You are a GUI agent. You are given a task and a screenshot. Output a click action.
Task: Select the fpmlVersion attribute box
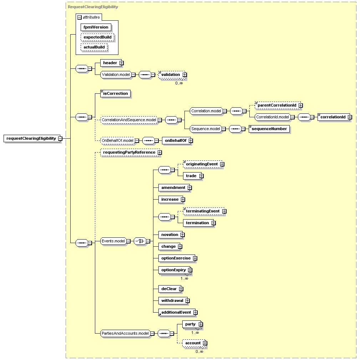pos(96,27)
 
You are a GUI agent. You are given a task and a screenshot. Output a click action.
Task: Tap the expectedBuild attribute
pos(97,37)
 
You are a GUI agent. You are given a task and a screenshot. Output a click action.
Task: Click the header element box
pos(111,63)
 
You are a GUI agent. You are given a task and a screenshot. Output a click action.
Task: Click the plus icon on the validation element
pos(185,75)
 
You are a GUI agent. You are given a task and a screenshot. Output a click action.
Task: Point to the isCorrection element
pos(115,94)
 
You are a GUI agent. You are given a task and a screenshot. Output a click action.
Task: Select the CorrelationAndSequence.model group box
pos(129,120)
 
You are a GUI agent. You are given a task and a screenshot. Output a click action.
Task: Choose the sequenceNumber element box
pos(269,129)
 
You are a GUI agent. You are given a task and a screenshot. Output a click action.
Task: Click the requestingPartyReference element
pos(130,153)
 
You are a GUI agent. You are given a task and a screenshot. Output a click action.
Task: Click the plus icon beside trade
pos(202,176)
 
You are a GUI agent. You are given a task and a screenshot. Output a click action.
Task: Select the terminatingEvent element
pos(204,211)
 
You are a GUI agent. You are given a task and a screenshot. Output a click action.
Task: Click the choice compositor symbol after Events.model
pos(140,241)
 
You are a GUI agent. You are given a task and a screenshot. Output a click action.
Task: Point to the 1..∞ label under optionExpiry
pos(184,278)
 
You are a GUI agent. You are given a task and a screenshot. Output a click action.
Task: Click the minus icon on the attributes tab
pos(80,17)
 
